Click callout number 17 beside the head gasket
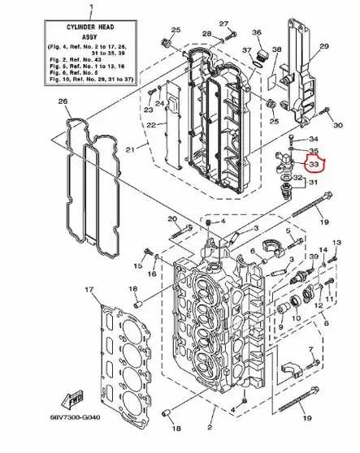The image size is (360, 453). tap(89, 290)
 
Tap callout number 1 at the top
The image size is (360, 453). tap(90, 6)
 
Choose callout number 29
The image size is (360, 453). tap(323, 48)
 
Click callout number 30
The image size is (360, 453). tap(337, 126)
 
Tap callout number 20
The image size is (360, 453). tap(171, 219)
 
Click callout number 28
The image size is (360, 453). tap(206, 34)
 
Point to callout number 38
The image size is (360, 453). tap(277, 50)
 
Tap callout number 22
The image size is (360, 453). tap(151, 124)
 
